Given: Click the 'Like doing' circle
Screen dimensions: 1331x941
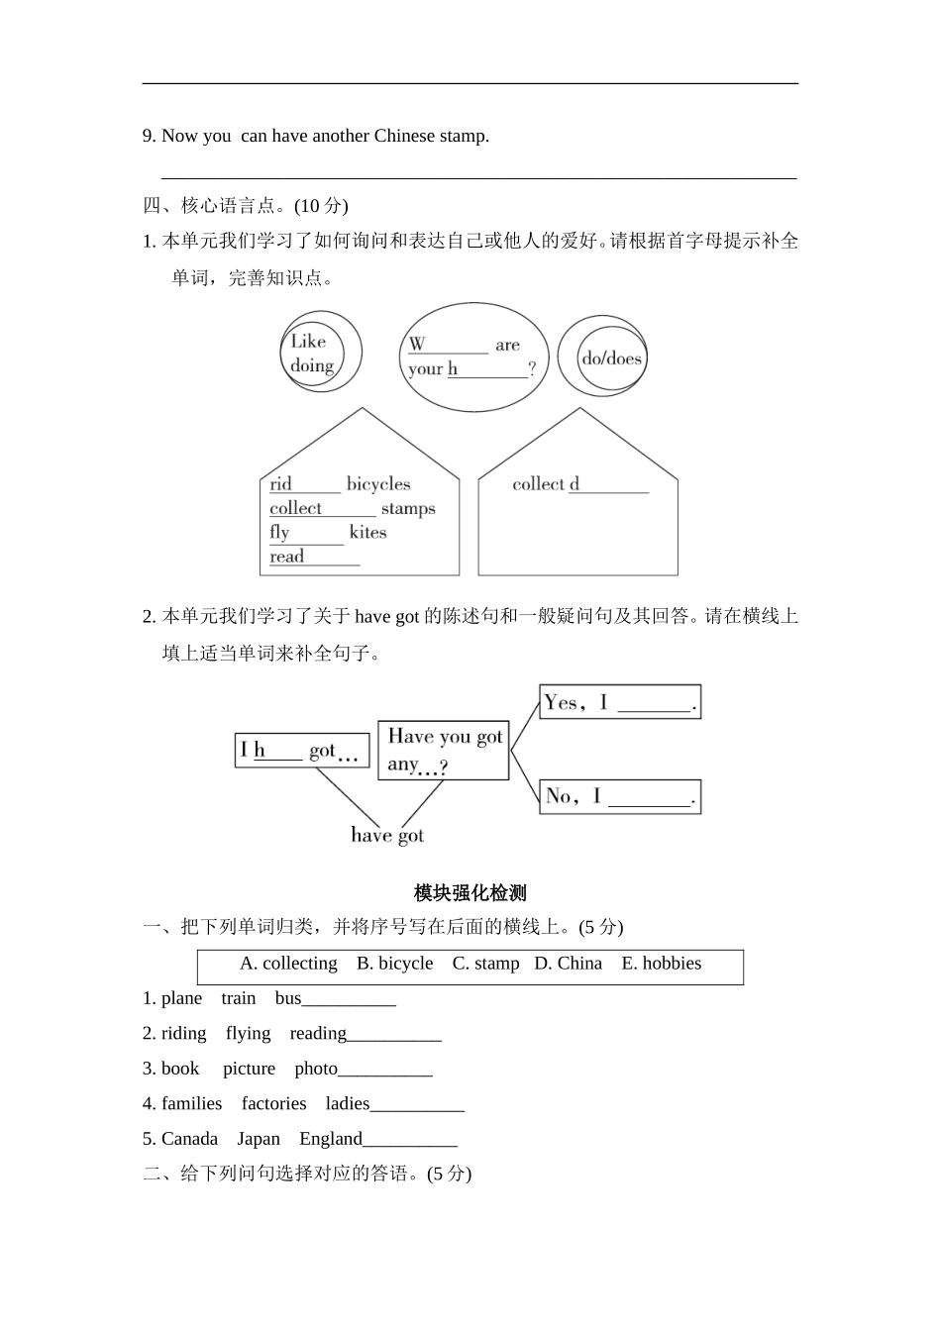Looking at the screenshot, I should pos(319,352).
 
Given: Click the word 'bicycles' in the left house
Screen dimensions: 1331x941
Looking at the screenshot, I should pos(377,484).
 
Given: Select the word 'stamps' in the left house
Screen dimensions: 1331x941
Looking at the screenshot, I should pos(408,509).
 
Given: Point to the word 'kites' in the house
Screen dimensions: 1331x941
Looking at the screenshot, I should pos(367,533).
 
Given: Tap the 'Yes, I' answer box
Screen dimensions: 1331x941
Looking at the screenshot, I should pos(619,702).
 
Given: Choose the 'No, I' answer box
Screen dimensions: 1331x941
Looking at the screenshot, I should pos(619,796).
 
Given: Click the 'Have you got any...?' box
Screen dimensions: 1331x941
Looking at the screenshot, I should pos(444,750).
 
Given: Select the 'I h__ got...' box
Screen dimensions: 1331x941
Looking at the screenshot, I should pos(301,751).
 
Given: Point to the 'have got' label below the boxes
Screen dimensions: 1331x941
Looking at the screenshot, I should pos(387,836).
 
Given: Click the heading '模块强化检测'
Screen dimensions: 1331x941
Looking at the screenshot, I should pos(470,893).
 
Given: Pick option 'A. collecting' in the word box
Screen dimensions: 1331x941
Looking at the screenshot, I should pos(288,964).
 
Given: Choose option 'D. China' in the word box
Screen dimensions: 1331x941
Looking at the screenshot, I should pos(568,964).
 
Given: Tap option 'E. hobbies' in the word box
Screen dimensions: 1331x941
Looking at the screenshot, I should pos(661,964).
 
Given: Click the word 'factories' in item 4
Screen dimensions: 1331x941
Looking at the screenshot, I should pos(273,1103).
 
